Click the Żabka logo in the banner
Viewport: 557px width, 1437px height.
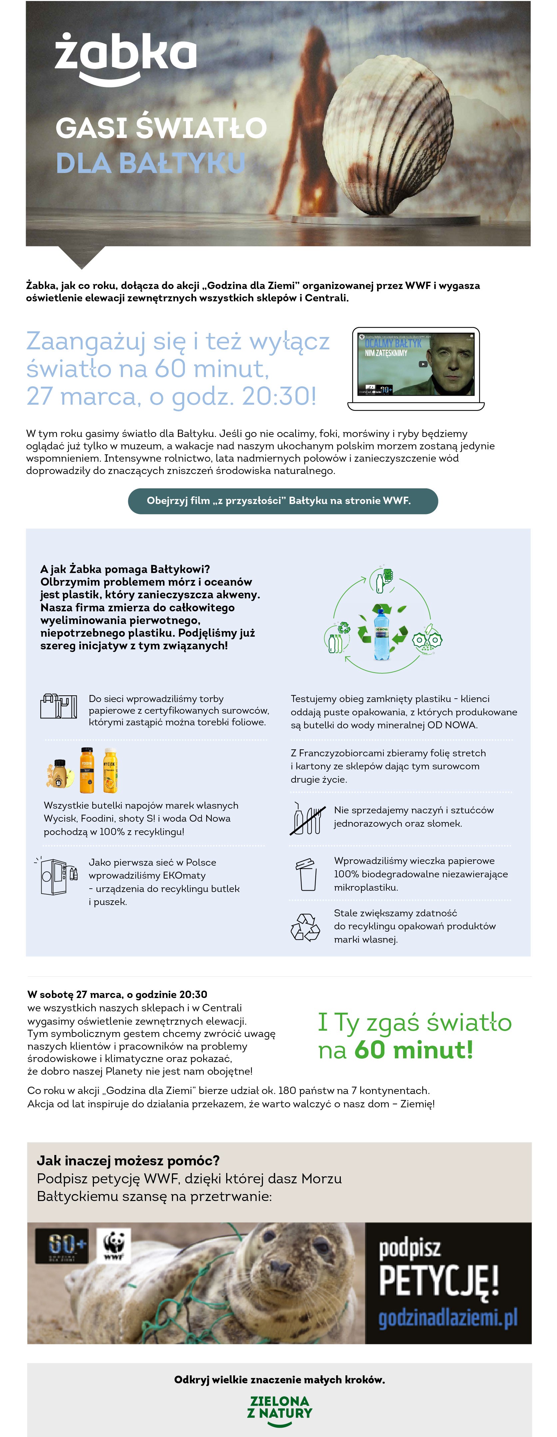[126, 58]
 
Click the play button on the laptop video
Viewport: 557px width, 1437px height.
[423, 364]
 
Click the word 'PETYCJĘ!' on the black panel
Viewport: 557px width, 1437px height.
[439, 1281]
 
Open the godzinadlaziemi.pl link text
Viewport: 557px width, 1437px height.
[448, 1318]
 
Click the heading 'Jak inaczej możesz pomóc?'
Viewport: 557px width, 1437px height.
[128, 1161]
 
